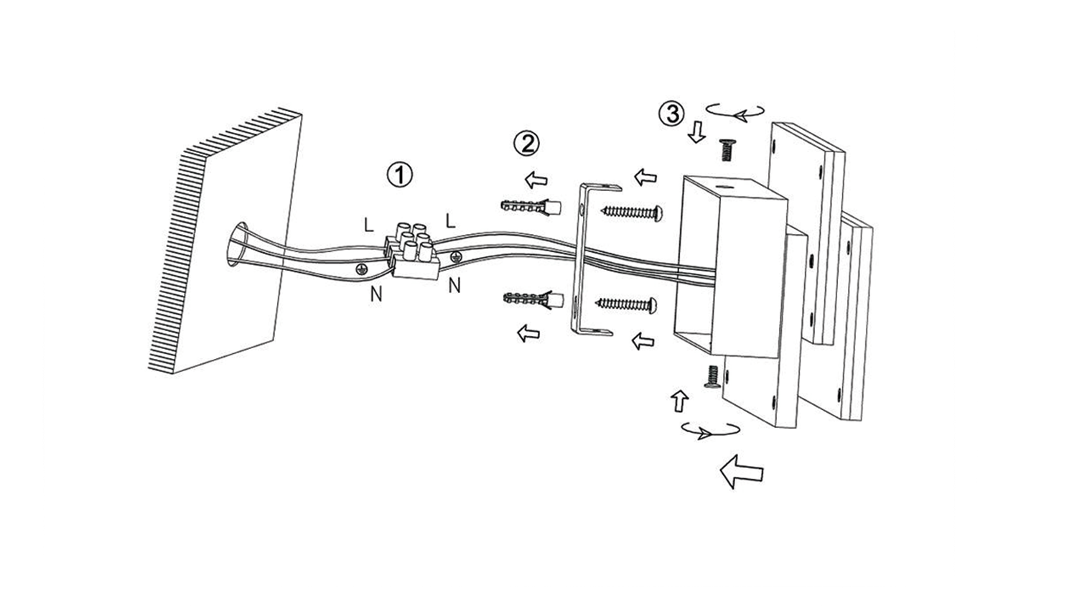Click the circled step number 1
[400, 174]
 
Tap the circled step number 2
[526, 144]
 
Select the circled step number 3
[671, 114]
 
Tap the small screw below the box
[712, 377]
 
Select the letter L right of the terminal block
[450, 220]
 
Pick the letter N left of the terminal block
[376, 293]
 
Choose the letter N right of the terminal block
[454, 286]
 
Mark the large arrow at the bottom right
[742, 472]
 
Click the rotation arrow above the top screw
[735, 111]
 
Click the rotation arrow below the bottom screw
[709, 430]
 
